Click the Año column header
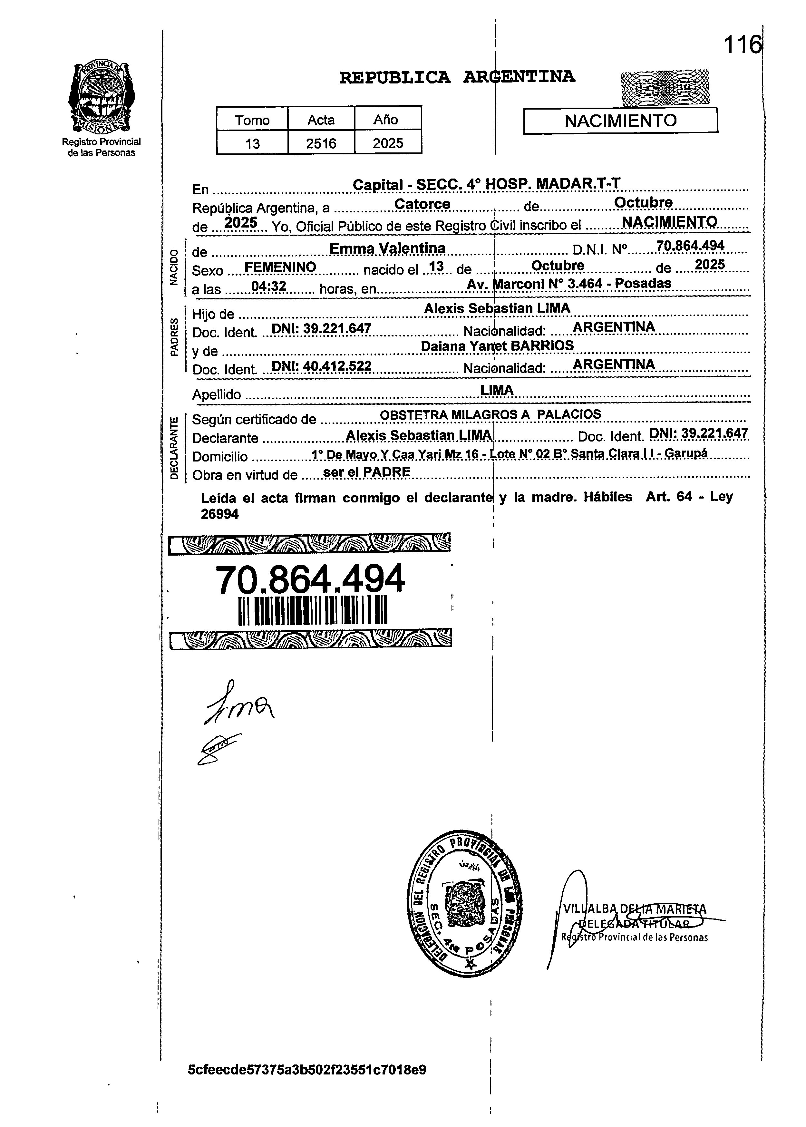386,120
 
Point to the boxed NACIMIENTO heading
620,121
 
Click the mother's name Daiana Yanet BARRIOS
497,345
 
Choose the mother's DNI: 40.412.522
322,366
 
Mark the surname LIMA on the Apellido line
497,390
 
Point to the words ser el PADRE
366,471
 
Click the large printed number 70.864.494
310,579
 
